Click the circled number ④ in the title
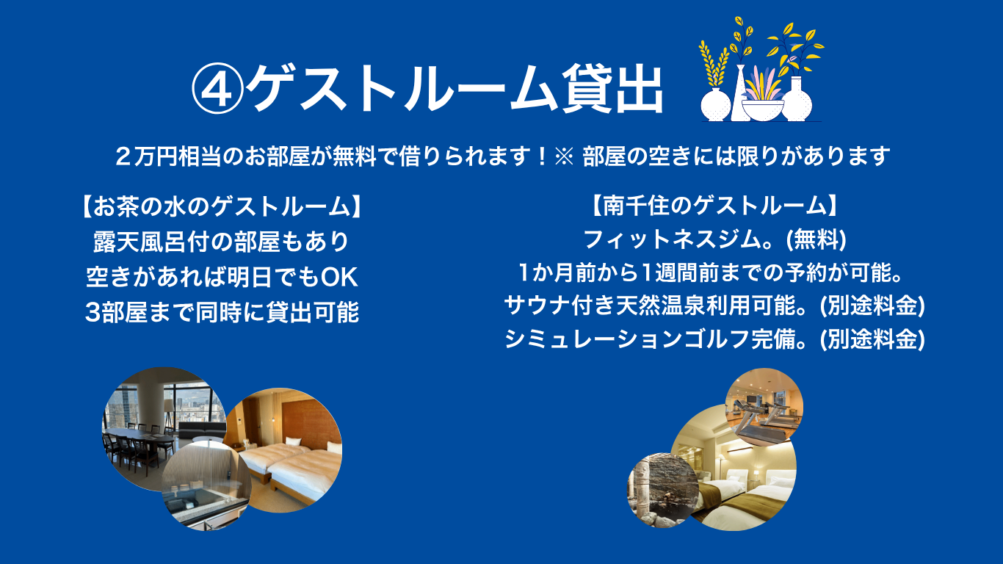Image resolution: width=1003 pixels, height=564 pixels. tap(217, 89)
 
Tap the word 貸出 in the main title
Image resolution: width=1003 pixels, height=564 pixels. tap(612, 89)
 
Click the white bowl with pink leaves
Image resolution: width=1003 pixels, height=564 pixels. tap(763, 102)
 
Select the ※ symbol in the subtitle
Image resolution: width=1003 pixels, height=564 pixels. tap(564, 156)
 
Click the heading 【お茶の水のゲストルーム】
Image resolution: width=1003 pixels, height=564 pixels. tap(222, 207)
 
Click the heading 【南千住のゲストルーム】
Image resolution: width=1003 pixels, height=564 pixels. tap(714, 206)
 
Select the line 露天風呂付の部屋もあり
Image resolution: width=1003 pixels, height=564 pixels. tap(221, 242)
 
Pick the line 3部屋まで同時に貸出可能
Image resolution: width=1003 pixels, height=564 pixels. tap(222, 312)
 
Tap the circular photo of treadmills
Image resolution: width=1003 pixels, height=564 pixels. tap(764, 407)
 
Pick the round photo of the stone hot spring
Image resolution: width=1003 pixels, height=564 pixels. tap(663, 491)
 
